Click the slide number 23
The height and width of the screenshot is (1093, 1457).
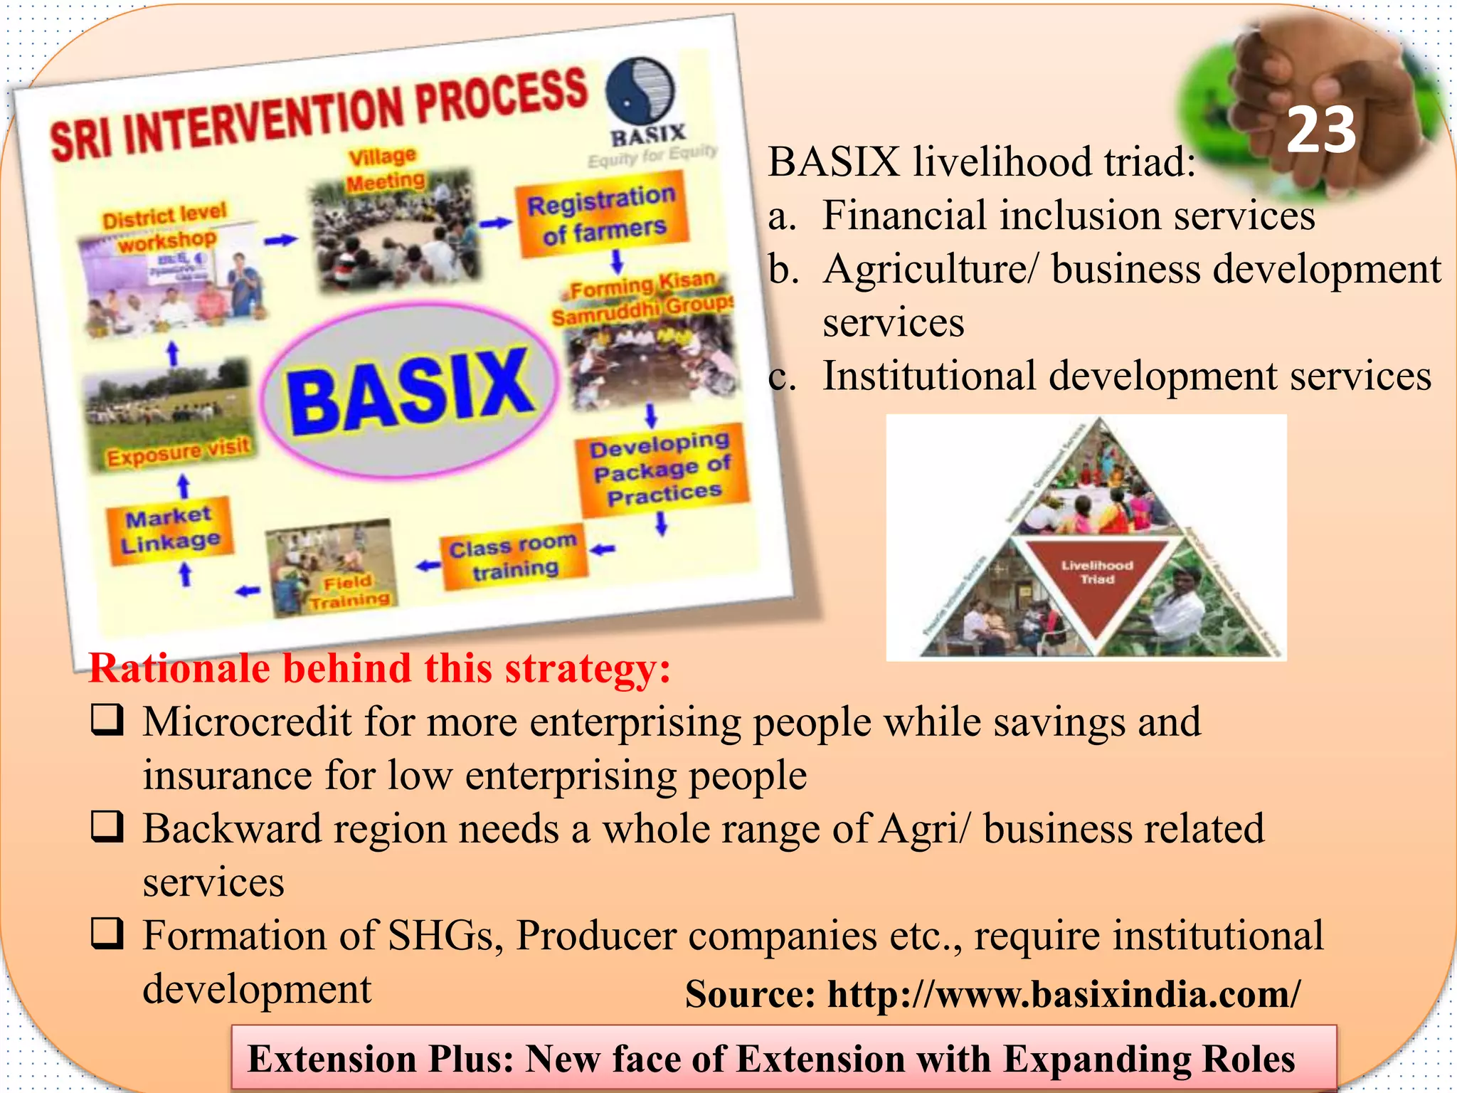coord(1321,130)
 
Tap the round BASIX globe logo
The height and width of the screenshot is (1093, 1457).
coord(640,93)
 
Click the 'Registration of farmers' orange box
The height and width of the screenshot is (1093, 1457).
coord(603,218)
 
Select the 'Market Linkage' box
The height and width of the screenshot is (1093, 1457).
coord(169,530)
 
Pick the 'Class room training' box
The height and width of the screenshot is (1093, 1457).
coord(514,557)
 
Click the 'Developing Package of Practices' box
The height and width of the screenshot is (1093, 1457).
coord(662,469)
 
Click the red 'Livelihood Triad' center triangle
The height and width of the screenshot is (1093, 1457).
coord(1096,578)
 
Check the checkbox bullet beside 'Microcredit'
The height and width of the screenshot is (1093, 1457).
coord(107,720)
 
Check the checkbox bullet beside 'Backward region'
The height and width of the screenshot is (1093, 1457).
coord(107,827)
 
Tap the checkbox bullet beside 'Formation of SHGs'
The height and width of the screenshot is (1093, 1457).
coord(107,934)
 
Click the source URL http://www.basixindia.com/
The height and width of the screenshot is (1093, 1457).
coord(1064,994)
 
